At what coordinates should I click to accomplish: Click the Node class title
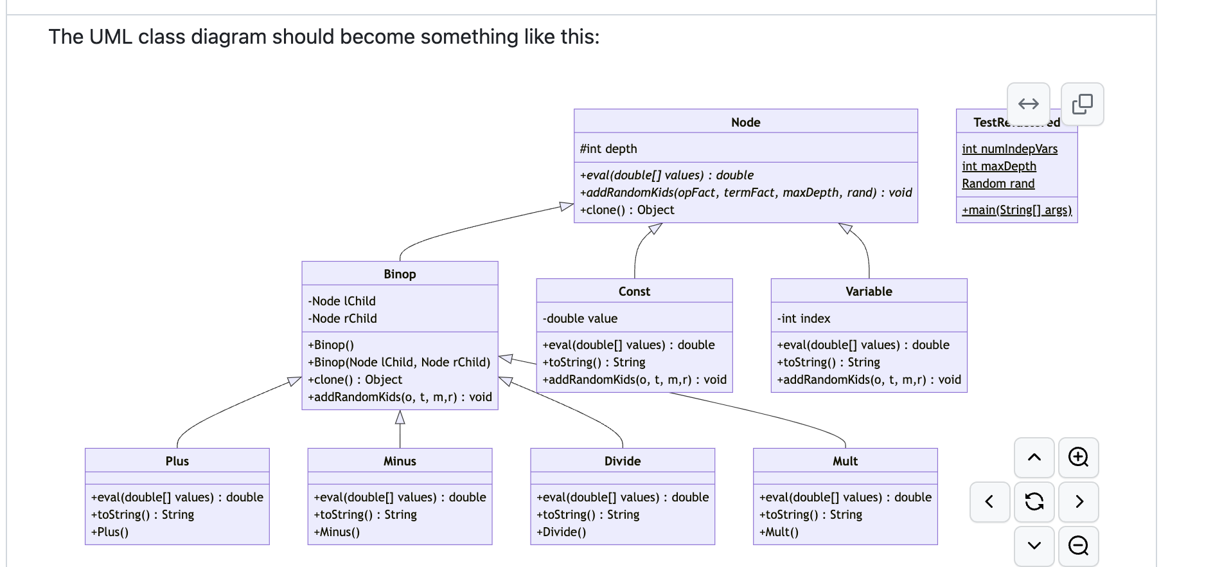(x=745, y=122)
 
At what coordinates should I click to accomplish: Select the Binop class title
(x=400, y=274)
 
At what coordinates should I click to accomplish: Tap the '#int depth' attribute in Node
(x=608, y=148)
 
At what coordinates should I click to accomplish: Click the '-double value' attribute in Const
(x=580, y=318)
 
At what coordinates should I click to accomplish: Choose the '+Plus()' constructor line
(x=110, y=532)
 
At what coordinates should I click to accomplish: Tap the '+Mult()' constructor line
(x=779, y=532)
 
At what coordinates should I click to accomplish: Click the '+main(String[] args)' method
(x=1016, y=210)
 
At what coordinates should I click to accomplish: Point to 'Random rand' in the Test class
(x=998, y=183)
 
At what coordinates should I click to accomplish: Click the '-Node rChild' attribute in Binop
(x=342, y=318)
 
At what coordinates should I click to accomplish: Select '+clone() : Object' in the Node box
(x=627, y=210)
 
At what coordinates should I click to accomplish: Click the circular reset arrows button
(x=1034, y=501)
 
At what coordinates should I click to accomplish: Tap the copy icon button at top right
(x=1082, y=104)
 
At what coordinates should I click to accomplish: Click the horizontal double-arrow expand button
(x=1028, y=104)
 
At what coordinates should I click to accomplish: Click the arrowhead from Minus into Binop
(x=400, y=418)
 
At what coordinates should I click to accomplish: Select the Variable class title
(x=869, y=291)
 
